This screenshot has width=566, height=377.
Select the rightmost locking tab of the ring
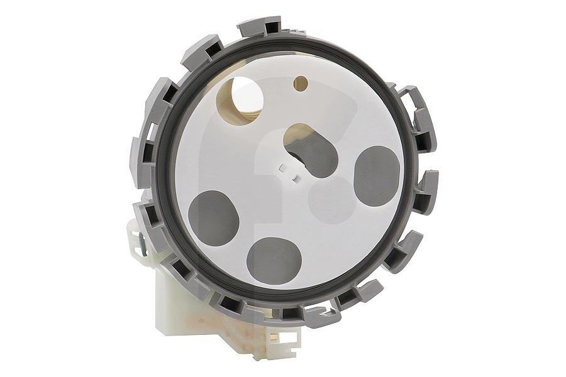pos(428,192)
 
